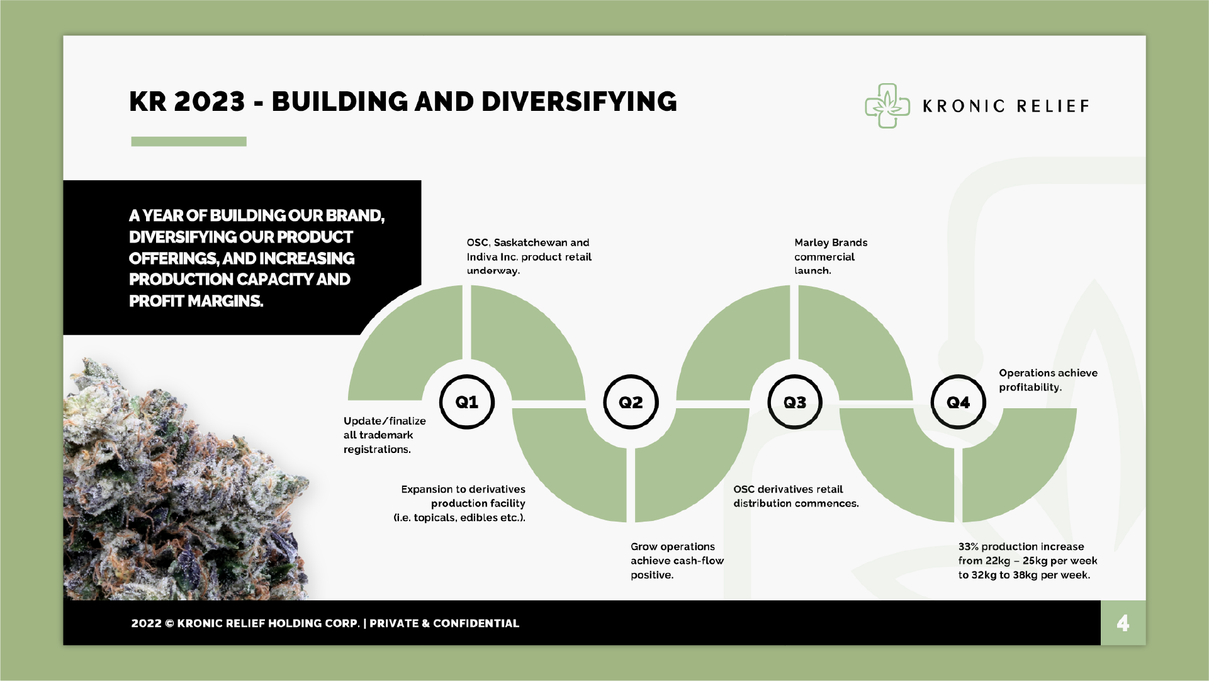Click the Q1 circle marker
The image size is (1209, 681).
466,402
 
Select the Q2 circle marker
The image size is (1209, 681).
631,402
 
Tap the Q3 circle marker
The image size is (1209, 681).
794,402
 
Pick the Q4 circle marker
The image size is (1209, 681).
958,402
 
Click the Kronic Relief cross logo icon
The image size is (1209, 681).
887,106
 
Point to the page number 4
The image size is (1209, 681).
1123,623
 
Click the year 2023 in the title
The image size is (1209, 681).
209,102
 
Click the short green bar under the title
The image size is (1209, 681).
188,142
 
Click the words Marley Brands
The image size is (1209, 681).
831,243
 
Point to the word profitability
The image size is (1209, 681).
1030,387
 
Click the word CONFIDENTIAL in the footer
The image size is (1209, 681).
476,623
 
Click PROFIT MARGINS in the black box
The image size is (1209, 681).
196,301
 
